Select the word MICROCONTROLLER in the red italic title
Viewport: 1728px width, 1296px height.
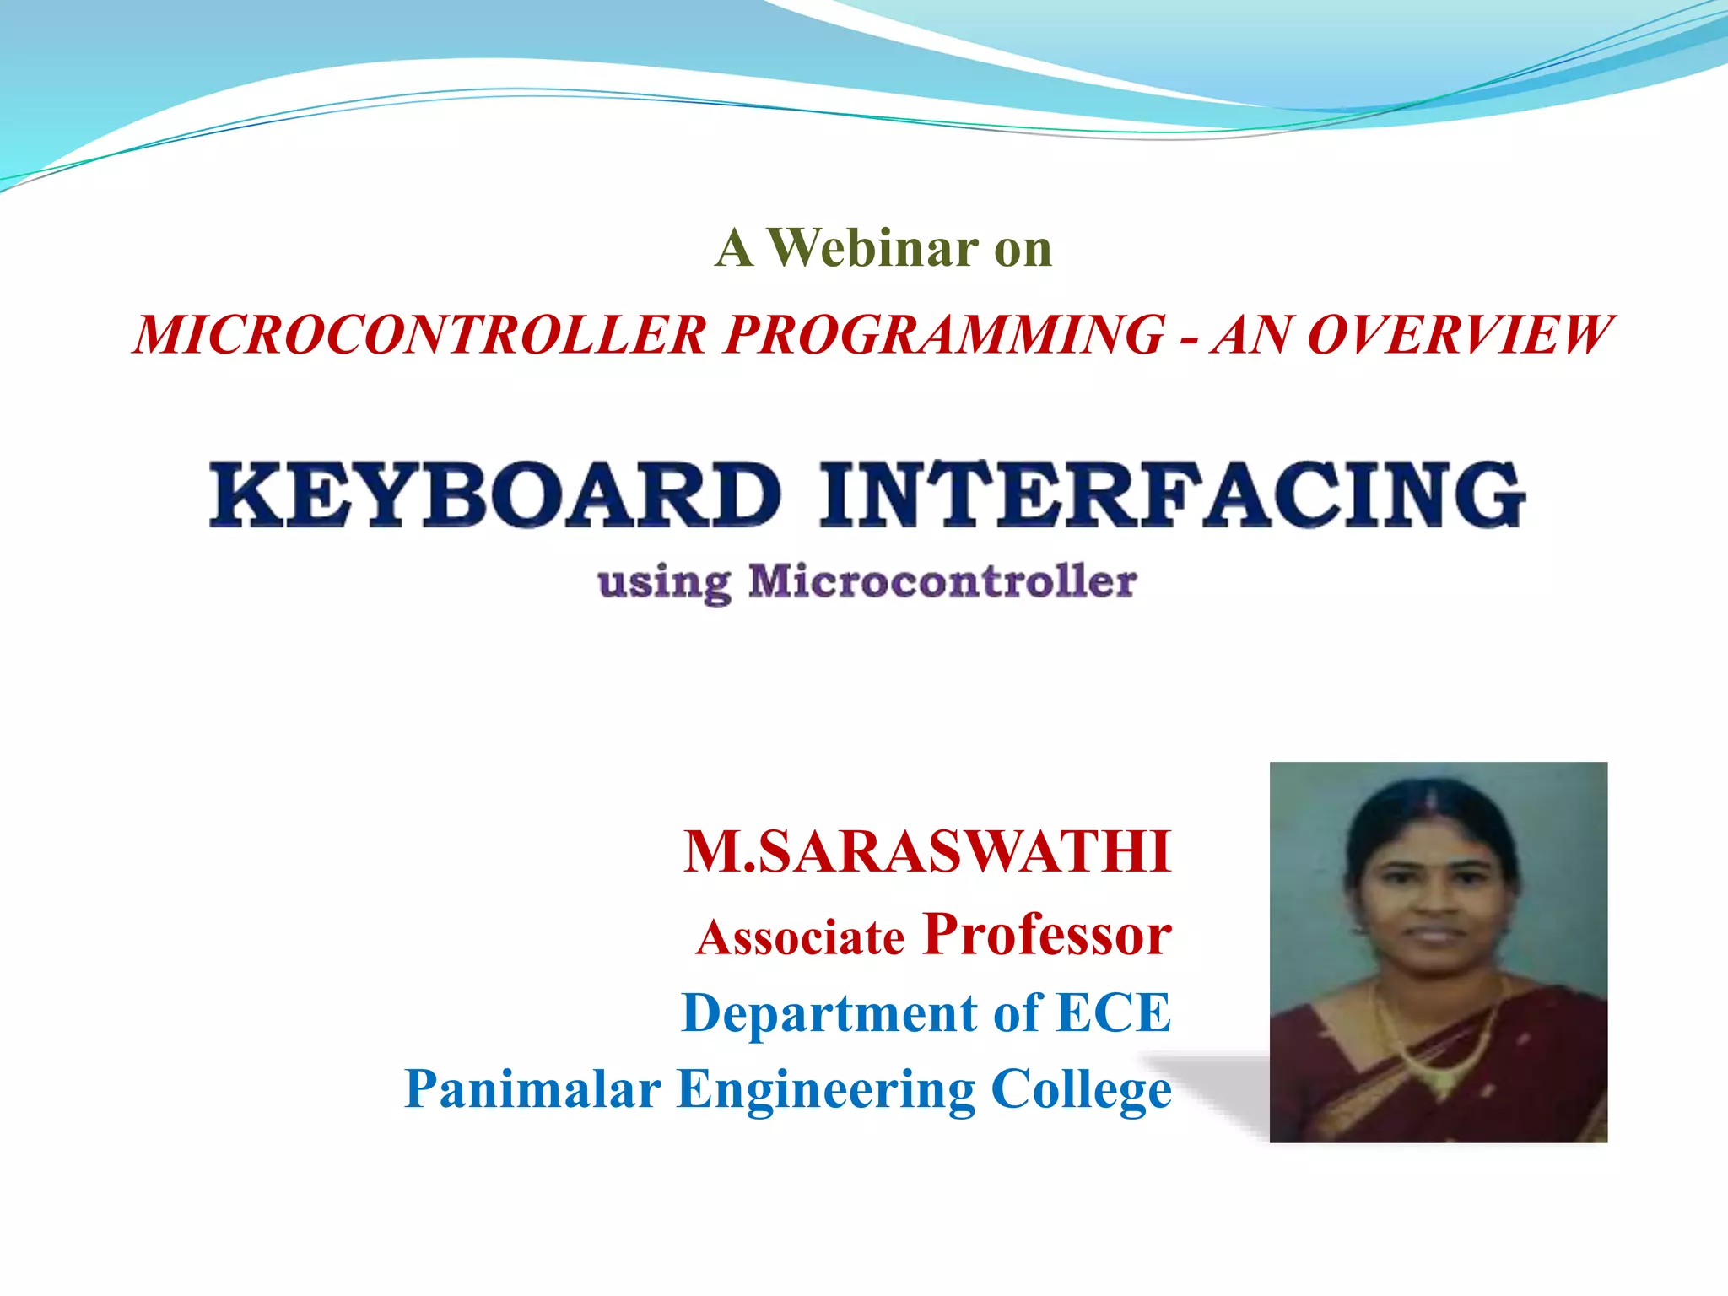[x=420, y=335]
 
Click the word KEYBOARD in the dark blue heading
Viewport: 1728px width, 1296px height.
[x=495, y=494]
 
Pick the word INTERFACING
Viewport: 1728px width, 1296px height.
[x=1171, y=494]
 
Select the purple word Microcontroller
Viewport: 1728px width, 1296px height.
[x=942, y=581]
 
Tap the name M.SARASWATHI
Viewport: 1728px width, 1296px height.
[x=927, y=852]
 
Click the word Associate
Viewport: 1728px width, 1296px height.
[x=801, y=938]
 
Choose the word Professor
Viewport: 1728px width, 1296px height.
[x=1047, y=935]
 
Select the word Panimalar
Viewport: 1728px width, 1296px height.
[x=532, y=1088]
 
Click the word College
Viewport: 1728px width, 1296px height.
[x=1081, y=1090]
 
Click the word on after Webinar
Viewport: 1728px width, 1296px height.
[x=1023, y=250]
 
